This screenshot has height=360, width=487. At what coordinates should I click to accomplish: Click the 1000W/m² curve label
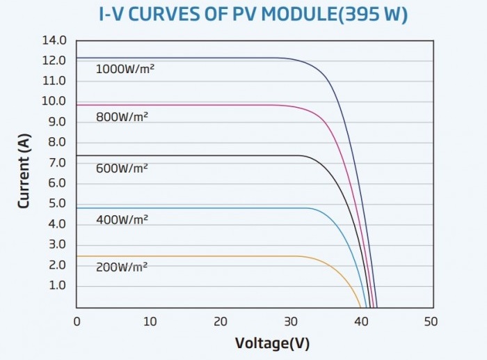click(x=125, y=69)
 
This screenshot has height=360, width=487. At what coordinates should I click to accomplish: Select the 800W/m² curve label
click(x=122, y=117)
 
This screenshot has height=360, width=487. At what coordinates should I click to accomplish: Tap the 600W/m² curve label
click(x=122, y=169)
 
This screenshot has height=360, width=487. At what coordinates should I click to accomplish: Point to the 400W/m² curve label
click(x=122, y=220)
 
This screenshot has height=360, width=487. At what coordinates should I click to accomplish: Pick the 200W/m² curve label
click(x=122, y=267)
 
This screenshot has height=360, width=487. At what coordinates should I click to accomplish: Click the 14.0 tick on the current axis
click(x=54, y=40)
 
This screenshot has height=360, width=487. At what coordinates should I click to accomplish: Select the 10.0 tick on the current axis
click(x=54, y=101)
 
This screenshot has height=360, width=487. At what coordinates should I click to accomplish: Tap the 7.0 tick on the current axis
click(x=57, y=162)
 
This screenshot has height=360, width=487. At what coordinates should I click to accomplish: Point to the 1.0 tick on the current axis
click(x=58, y=285)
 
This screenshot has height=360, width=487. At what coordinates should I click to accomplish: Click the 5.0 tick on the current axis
click(x=57, y=203)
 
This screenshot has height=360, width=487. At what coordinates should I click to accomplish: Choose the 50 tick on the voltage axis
click(x=431, y=322)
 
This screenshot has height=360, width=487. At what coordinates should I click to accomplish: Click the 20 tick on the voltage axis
click(x=221, y=322)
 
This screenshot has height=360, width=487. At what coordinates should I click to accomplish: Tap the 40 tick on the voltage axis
click(x=361, y=322)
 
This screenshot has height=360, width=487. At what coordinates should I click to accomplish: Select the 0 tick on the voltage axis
click(x=77, y=322)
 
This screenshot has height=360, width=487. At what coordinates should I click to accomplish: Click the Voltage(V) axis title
click(x=273, y=343)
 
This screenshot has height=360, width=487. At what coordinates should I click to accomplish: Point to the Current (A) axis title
click(x=24, y=171)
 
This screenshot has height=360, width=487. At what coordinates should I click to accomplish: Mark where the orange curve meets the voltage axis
click(x=360, y=308)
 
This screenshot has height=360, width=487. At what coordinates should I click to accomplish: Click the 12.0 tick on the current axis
click(x=54, y=61)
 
